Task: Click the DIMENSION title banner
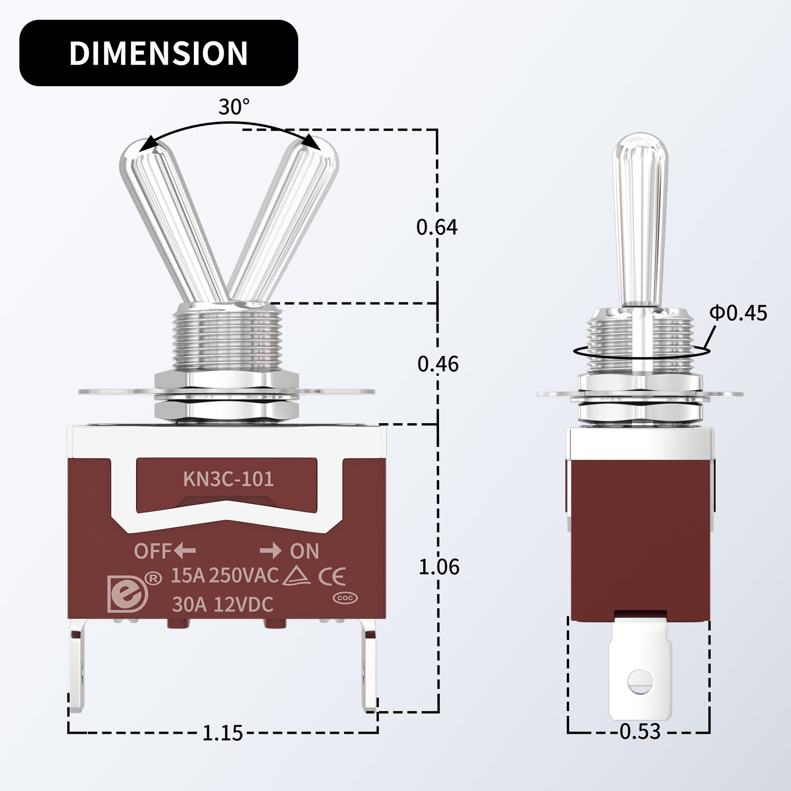[158, 53]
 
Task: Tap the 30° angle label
[234, 107]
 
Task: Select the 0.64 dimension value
[437, 227]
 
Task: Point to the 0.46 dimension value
[438, 364]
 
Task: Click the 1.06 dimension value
[439, 567]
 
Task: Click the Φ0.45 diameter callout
[738, 313]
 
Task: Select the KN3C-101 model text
[228, 479]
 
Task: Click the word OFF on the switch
[152, 551]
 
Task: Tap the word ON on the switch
[304, 551]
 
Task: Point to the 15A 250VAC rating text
[225, 576]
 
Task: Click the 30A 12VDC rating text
[222, 605]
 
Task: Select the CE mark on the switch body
[332, 577]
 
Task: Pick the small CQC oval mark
[345, 598]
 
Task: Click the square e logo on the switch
[127, 593]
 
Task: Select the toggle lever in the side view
[640, 220]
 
